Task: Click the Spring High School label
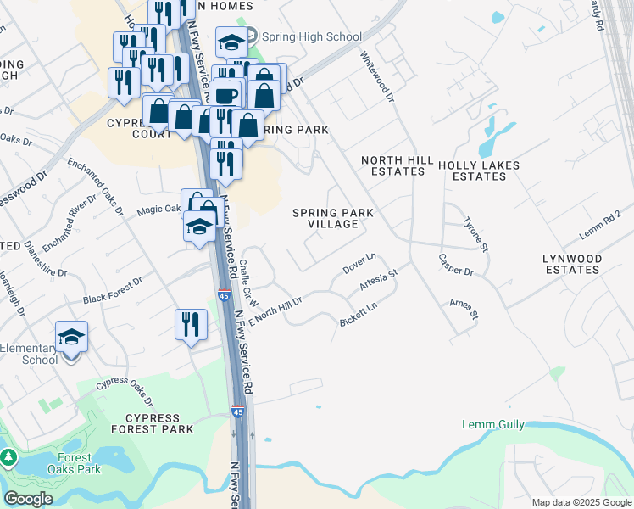tap(311, 36)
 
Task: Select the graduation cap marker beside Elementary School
tap(72, 337)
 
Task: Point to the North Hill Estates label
tap(392, 165)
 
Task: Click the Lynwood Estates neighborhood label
tap(572, 264)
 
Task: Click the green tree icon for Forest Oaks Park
tap(8, 458)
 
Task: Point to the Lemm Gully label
tap(493, 424)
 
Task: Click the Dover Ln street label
tap(359, 263)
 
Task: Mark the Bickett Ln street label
tap(358, 313)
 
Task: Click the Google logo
tap(28, 499)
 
